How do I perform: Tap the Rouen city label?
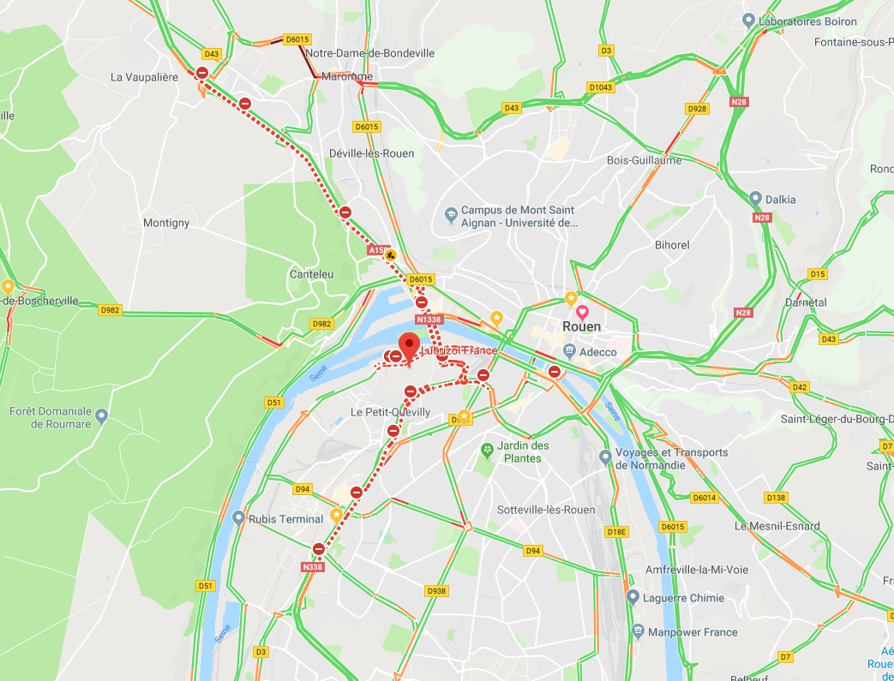[581, 326]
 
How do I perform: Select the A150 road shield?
[376, 250]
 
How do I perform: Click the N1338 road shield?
[429, 320]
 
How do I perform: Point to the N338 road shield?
[313, 566]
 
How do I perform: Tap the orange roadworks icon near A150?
[392, 254]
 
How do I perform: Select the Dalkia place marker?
[755, 199]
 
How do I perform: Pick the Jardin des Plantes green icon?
[487, 449]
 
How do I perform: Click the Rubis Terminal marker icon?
[238, 518]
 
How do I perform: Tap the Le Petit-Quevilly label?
[390, 412]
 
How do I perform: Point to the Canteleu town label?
[311, 274]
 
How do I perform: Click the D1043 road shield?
[601, 87]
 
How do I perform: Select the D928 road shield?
[697, 109]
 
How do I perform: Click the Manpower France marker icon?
[638, 631]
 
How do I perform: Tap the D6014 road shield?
[703, 498]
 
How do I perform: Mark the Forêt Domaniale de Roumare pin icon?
[102, 416]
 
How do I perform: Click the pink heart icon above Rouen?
[582, 311]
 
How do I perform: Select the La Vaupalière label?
[144, 77]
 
